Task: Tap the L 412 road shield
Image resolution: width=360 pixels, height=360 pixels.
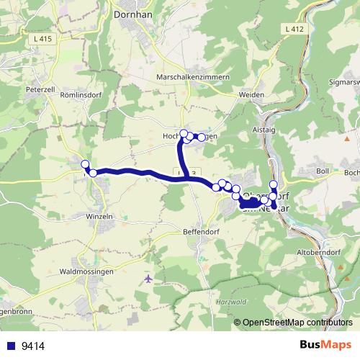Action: point(294,29)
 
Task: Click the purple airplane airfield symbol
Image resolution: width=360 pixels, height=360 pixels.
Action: point(148,278)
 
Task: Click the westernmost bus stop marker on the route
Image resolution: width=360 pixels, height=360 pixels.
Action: point(85,164)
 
